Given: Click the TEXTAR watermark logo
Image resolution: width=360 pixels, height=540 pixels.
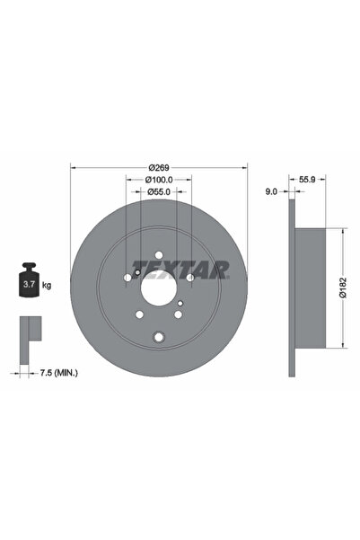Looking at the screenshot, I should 180,268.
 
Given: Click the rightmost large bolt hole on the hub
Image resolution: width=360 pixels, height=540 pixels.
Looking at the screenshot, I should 190,278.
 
